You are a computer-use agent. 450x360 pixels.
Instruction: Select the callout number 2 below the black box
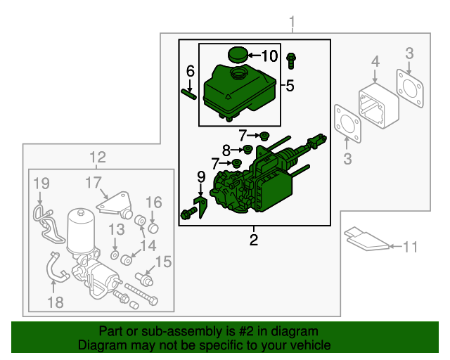pos(254,240)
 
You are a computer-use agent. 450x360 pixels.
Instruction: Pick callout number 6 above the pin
pos(190,71)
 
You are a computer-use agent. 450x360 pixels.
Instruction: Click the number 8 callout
pos(226,150)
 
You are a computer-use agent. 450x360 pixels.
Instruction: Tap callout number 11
pos(410,247)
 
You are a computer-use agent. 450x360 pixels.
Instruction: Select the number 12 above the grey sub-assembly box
pos(98,157)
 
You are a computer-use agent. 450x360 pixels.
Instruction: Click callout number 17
pos(94,183)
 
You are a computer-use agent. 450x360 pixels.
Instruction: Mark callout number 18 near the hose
pos(54,302)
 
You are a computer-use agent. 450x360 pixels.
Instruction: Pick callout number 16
pos(153,202)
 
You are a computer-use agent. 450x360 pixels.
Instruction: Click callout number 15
pos(163,262)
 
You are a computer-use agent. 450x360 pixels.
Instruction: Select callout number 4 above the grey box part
pos(375,62)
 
